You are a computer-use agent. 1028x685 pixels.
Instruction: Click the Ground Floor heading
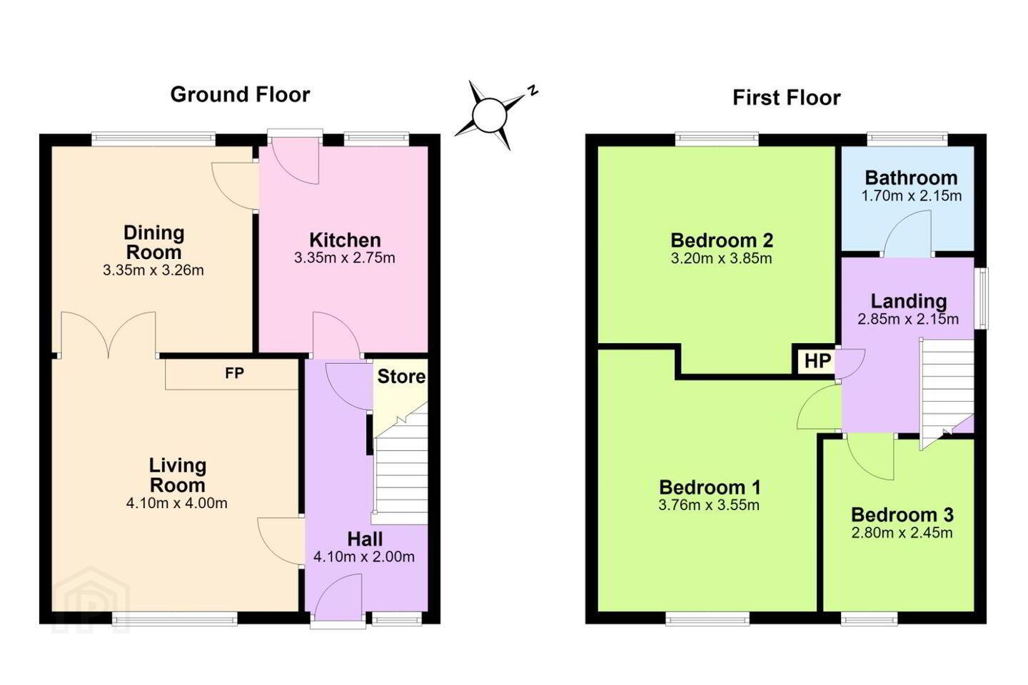(240, 95)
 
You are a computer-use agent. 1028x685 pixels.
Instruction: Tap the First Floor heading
(786, 98)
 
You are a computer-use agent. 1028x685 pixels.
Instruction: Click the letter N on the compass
(533, 90)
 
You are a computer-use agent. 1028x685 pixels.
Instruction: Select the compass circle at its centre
(490, 115)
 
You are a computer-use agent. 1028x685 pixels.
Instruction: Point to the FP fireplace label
(234, 373)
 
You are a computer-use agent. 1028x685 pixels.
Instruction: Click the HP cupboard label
(818, 361)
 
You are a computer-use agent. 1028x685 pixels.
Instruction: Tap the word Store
(401, 377)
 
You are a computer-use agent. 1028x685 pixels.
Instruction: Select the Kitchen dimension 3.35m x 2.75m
(345, 258)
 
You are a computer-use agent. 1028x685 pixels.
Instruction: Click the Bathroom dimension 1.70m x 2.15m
(912, 196)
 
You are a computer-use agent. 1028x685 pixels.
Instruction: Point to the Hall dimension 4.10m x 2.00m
(364, 557)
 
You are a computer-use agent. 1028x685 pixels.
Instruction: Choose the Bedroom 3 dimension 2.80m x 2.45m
(902, 533)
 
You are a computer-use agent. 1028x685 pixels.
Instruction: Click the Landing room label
(909, 301)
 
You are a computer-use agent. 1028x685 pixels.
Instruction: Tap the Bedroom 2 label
(722, 240)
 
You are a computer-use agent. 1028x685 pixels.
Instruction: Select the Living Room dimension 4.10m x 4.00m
(177, 503)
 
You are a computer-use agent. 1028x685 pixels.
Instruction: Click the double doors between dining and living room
(109, 333)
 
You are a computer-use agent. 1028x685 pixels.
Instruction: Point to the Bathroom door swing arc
(907, 233)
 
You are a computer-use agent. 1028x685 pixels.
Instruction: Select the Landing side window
(982, 298)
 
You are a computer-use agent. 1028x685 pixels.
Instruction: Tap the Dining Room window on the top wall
(153, 138)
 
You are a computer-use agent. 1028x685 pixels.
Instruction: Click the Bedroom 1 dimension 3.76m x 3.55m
(709, 505)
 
